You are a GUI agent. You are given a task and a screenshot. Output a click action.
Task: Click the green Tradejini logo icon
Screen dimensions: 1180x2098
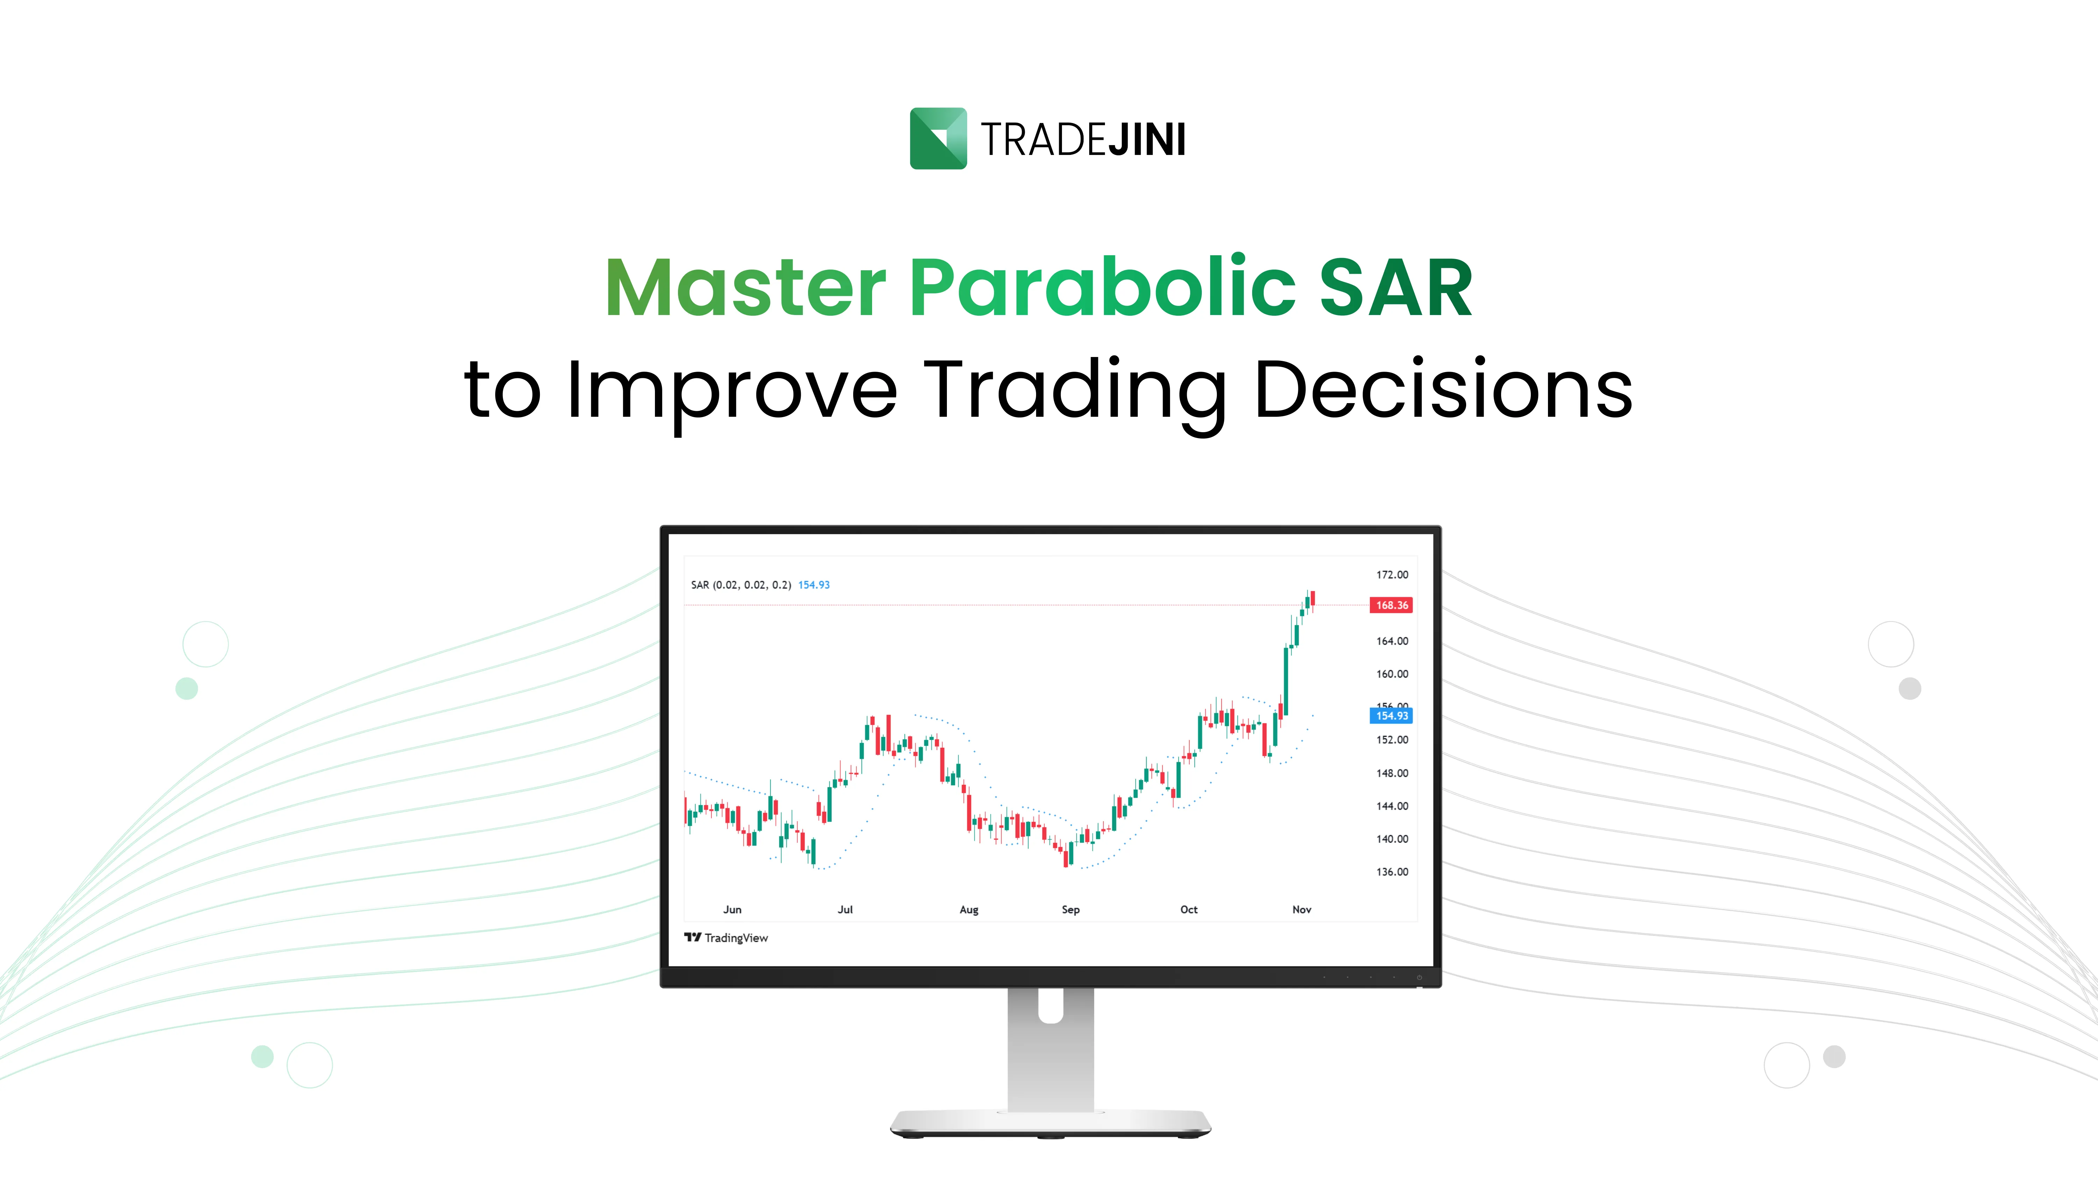(937, 138)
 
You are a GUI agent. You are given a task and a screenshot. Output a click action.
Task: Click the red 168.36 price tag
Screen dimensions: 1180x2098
(1391, 605)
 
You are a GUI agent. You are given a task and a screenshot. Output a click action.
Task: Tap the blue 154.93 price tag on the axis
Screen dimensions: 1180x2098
(1391, 716)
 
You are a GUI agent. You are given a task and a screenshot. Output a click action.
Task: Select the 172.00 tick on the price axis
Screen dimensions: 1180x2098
(1392, 575)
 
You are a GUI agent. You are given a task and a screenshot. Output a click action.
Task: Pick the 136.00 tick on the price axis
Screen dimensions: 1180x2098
(1392, 872)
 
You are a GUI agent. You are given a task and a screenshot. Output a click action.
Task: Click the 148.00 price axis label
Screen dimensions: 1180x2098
(1392, 774)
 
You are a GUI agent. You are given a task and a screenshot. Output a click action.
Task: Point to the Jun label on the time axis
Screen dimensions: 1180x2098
(732, 910)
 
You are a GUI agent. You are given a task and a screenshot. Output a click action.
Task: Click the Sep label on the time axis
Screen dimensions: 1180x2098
(1070, 910)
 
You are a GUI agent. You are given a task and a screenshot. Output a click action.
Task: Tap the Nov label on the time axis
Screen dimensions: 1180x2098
(1301, 910)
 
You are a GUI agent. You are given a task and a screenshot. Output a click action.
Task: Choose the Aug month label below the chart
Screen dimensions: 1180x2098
(968, 910)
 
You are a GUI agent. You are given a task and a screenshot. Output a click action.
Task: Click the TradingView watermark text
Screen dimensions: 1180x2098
(735, 938)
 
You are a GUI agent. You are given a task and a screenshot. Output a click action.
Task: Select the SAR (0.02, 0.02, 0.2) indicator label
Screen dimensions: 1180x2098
(740, 585)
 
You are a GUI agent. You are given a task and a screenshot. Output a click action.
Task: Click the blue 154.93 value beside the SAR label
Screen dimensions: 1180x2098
(814, 585)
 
